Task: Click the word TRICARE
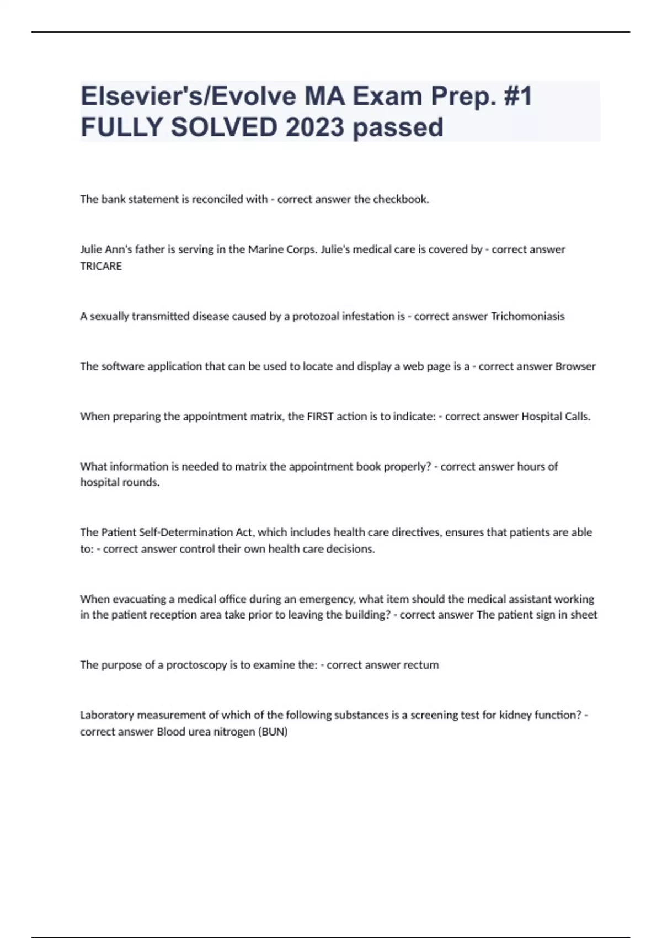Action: point(101,266)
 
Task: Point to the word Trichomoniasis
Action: point(527,316)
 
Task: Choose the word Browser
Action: point(575,366)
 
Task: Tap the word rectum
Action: point(421,665)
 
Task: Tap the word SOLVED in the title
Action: point(224,127)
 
